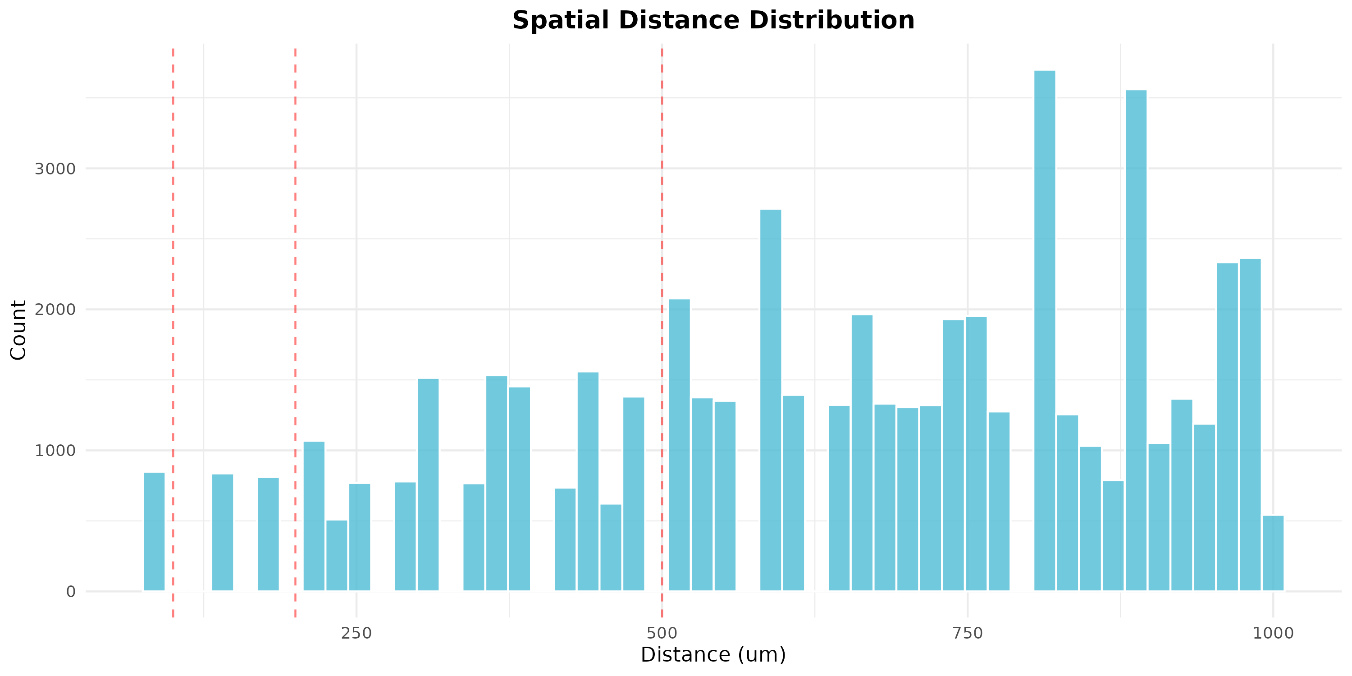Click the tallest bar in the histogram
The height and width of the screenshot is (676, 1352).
1045,331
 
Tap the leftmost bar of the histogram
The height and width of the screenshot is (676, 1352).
154,531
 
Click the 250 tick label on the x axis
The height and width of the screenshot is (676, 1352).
356,634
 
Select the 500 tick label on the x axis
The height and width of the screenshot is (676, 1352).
662,634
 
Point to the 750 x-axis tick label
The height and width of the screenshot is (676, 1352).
967,634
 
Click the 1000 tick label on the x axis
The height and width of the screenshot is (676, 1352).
1273,634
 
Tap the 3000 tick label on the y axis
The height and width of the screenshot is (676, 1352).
55,169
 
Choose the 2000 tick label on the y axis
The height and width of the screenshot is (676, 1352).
55,310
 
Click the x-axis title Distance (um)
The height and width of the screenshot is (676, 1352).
713,655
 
